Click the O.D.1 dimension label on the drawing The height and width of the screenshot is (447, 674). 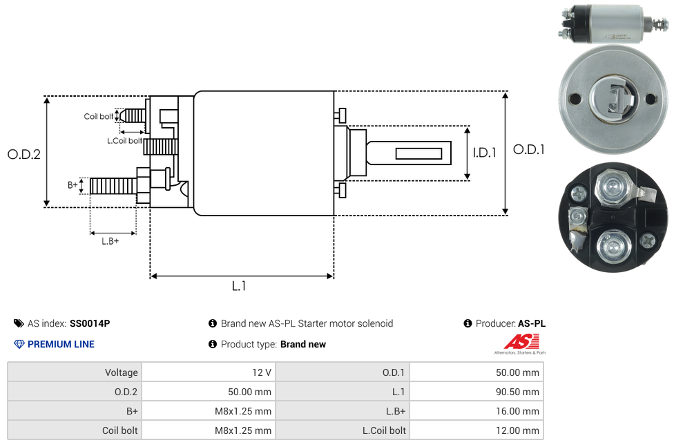click(528, 149)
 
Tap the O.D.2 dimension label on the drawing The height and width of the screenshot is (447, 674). click(24, 154)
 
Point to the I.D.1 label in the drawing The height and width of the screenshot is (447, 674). click(485, 153)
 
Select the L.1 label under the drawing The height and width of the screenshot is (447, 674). click(239, 286)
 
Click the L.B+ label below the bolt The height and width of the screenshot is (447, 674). click(110, 241)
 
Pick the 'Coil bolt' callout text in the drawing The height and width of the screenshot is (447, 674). click(98, 117)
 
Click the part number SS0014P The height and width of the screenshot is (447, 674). click(90, 323)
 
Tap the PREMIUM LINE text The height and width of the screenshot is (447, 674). click(61, 344)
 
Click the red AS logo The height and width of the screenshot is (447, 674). click(521, 341)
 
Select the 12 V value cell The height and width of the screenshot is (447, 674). click(262, 372)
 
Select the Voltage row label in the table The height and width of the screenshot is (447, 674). click(122, 372)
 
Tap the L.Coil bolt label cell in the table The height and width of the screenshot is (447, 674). click(384, 430)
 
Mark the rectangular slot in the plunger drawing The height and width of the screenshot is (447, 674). click(418, 153)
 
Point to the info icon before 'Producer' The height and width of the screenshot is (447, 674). click(468, 323)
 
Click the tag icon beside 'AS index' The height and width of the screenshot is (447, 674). click(19, 323)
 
